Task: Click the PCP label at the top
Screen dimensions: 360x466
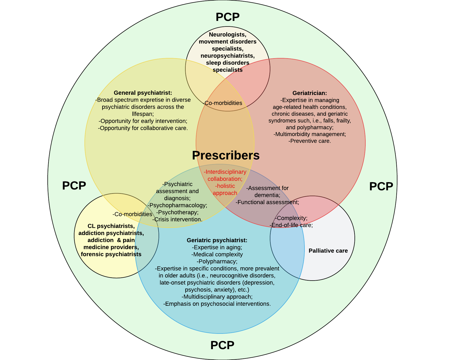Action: pos(227,17)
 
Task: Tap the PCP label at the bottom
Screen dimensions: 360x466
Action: pos(222,345)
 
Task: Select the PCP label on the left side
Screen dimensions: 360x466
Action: pos(74,186)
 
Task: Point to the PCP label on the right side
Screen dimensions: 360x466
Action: pos(381,187)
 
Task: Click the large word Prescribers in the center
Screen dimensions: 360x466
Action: pos(226,155)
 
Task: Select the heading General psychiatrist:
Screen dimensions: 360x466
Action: pos(143,93)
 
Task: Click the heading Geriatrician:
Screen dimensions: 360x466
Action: pos(310,93)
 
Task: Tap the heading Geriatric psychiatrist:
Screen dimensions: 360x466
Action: pos(217,240)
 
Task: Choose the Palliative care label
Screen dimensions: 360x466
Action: pos(328,251)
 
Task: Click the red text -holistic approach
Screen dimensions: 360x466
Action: pos(225,190)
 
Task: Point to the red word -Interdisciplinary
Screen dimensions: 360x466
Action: pos(225,172)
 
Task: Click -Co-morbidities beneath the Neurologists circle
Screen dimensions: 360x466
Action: pos(223,103)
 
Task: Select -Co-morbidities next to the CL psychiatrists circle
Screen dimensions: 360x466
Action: pos(132,214)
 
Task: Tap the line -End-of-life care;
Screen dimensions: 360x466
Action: pos(291,225)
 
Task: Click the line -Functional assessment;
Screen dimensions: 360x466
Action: pos(267,202)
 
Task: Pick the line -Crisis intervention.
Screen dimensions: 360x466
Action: pos(177,219)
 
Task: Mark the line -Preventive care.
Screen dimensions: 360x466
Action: pos(310,141)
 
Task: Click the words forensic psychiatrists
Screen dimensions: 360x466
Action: pos(111,254)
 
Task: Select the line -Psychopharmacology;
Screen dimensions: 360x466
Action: pos(177,205)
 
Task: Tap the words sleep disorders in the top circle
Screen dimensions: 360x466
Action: pos(227,63)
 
